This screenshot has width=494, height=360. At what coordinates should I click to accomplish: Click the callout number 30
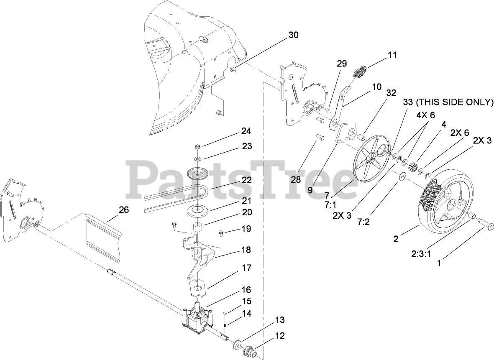pyautogui.click(x=293, y=35)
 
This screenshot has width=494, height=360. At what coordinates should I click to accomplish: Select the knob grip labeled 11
pyautogui.click(x=361, y=71)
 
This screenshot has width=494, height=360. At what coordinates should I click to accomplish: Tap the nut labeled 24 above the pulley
pyautogui.click(x=198, y=147)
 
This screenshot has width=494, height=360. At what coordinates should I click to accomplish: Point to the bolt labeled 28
pyautogui.click(x=320, y=137)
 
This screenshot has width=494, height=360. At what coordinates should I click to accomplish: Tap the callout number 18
pyautogui.click(x=246, y=250)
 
